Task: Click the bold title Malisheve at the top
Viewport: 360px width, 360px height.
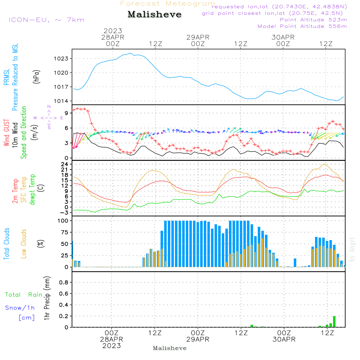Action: point(154,14)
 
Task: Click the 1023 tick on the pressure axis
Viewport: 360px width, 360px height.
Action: point(61,59)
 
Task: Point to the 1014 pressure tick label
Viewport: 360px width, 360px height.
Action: point(61,101)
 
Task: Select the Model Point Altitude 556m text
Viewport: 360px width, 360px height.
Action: point(302,26)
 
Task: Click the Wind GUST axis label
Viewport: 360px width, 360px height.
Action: point(6,132)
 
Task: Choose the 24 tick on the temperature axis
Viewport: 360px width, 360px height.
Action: point(64,165)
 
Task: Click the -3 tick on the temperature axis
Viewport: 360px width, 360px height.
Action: point(64,213)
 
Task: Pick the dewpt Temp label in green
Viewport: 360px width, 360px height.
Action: point(32,189)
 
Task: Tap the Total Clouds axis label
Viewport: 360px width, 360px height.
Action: point(6,244)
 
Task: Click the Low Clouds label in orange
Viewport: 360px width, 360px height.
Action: point(24,244)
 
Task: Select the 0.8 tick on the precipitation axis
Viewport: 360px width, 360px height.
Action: point(64,282)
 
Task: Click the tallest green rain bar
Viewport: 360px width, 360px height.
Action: point(334,321)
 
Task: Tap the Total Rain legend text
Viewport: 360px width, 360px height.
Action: point(24,295)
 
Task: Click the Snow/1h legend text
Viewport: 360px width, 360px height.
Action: point(20,308)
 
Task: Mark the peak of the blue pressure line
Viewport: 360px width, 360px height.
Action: point(131,53)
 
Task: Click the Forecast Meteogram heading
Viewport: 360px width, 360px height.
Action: point(168,4)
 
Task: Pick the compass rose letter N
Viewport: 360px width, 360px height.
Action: point(49,107)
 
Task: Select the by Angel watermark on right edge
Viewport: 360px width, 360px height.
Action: point(352,249)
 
